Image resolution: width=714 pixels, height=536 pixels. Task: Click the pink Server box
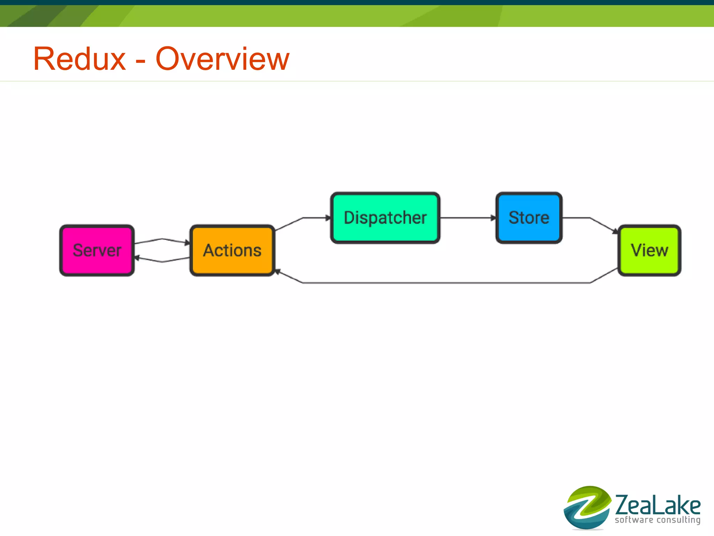point(97,250)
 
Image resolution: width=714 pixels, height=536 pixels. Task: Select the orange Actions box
point(232,250)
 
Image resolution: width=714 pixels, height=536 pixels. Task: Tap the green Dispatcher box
point(385,218)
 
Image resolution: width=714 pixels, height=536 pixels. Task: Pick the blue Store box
point(529,218)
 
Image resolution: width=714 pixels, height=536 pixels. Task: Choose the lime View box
point(649,250)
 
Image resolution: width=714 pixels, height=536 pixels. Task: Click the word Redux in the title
point(79,59)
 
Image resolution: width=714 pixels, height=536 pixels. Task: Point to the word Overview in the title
point(222,59)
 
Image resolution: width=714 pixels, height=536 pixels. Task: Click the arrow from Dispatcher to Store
point(467,218)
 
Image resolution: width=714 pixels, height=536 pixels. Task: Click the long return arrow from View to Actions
point(446,282)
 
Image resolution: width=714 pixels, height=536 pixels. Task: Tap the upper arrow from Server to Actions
point(162,239)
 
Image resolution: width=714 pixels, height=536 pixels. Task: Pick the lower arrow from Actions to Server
point(162,261)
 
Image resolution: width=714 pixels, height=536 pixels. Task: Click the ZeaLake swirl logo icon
point(587,507)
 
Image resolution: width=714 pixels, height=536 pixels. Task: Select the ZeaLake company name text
point(658,505)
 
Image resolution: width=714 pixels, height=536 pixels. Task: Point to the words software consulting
point(658,520)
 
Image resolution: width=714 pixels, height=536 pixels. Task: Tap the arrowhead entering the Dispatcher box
point(328,218)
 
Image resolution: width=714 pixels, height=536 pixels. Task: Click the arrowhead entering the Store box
point(493,218)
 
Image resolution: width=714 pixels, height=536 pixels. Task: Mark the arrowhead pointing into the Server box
point(137,258)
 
